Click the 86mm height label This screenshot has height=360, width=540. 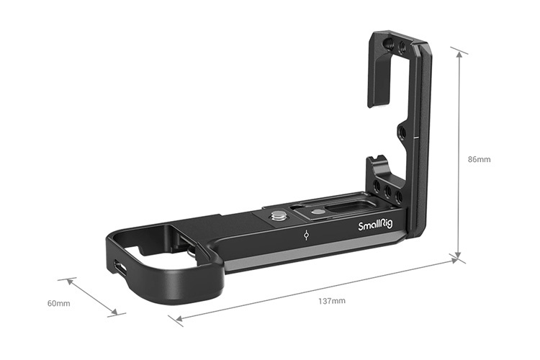(479, 159)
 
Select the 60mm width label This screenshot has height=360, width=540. (58, 303)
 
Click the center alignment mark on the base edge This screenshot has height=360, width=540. (307, 235)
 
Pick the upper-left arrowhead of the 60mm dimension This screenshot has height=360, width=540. (71, 281)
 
